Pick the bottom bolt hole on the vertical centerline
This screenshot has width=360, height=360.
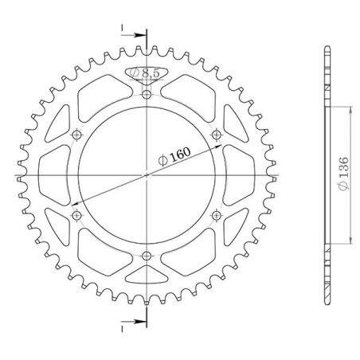pos(148,255)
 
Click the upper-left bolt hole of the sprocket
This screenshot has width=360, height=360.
pos(77,135)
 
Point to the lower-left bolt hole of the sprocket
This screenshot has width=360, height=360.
pos(77,215)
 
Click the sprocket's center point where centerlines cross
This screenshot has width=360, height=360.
pos(148,174)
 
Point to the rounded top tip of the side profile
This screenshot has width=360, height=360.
pos(327,50)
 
